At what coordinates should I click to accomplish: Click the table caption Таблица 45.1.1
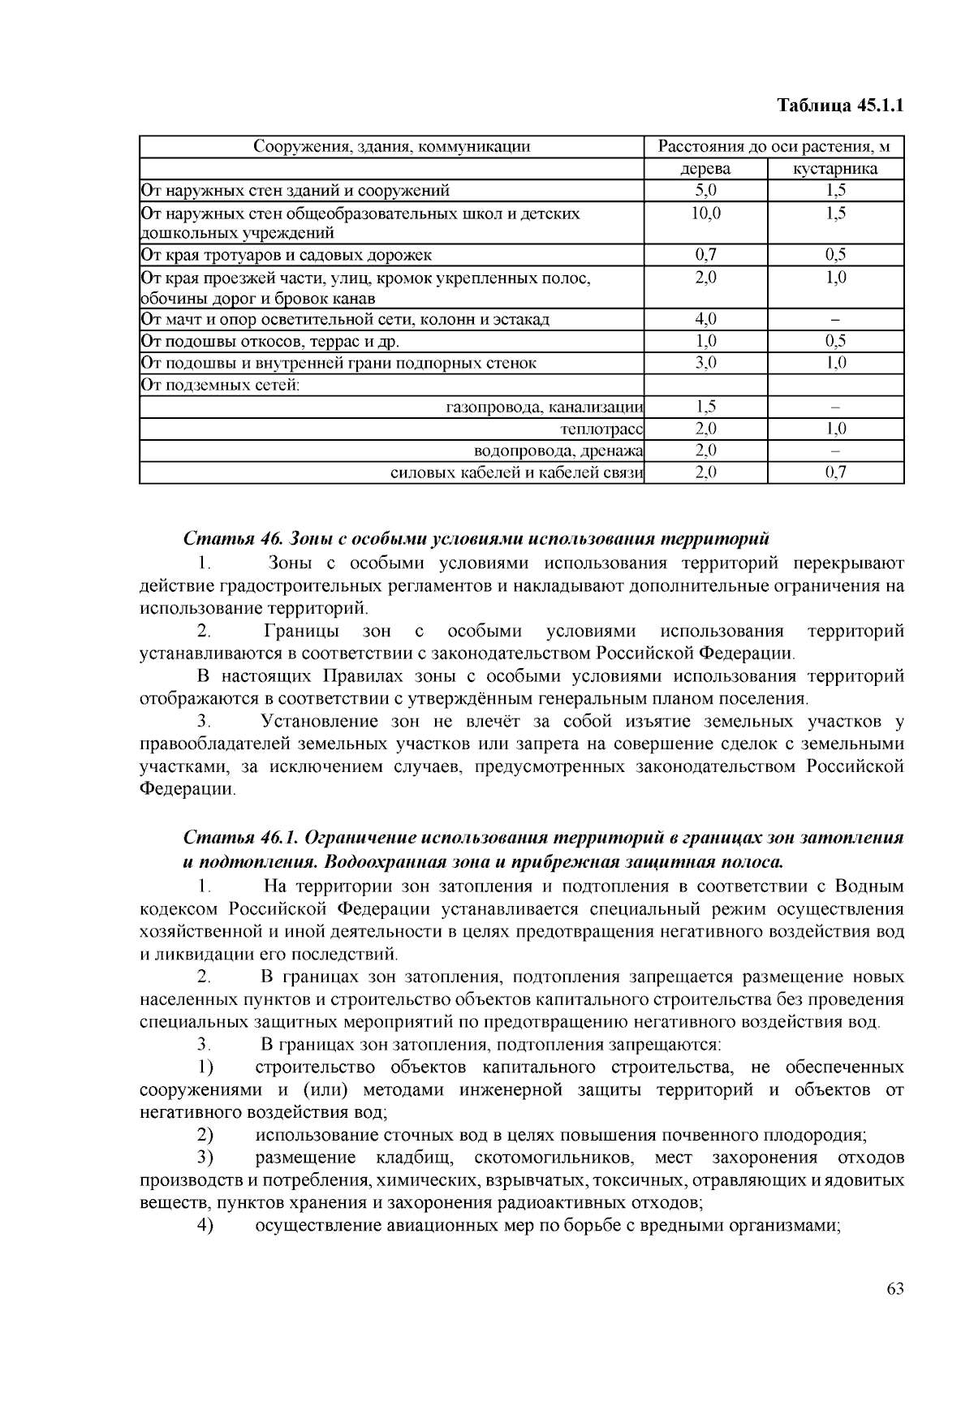(x=840, y=106)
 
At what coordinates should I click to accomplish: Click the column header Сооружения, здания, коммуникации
(x=391, y=147)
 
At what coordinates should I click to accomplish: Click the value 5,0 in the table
(x=705, y=191)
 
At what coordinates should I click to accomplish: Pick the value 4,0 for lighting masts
(x=705, y=319)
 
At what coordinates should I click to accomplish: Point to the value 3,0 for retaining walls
(x=705, y=363)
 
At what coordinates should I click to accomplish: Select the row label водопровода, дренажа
(x=558, y=451)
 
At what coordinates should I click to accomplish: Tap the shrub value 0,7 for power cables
(x=835, y=472)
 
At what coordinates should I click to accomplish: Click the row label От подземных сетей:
(x=220, y=385)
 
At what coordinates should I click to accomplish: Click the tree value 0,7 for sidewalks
(x=705, y=255)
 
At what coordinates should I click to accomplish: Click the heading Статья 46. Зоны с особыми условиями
(x=476, y=539)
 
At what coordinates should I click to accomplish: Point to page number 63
(x=895, y=1289)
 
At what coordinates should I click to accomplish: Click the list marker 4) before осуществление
(x=205, y=1225)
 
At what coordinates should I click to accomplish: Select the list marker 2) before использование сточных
(x=205, y=1134)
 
